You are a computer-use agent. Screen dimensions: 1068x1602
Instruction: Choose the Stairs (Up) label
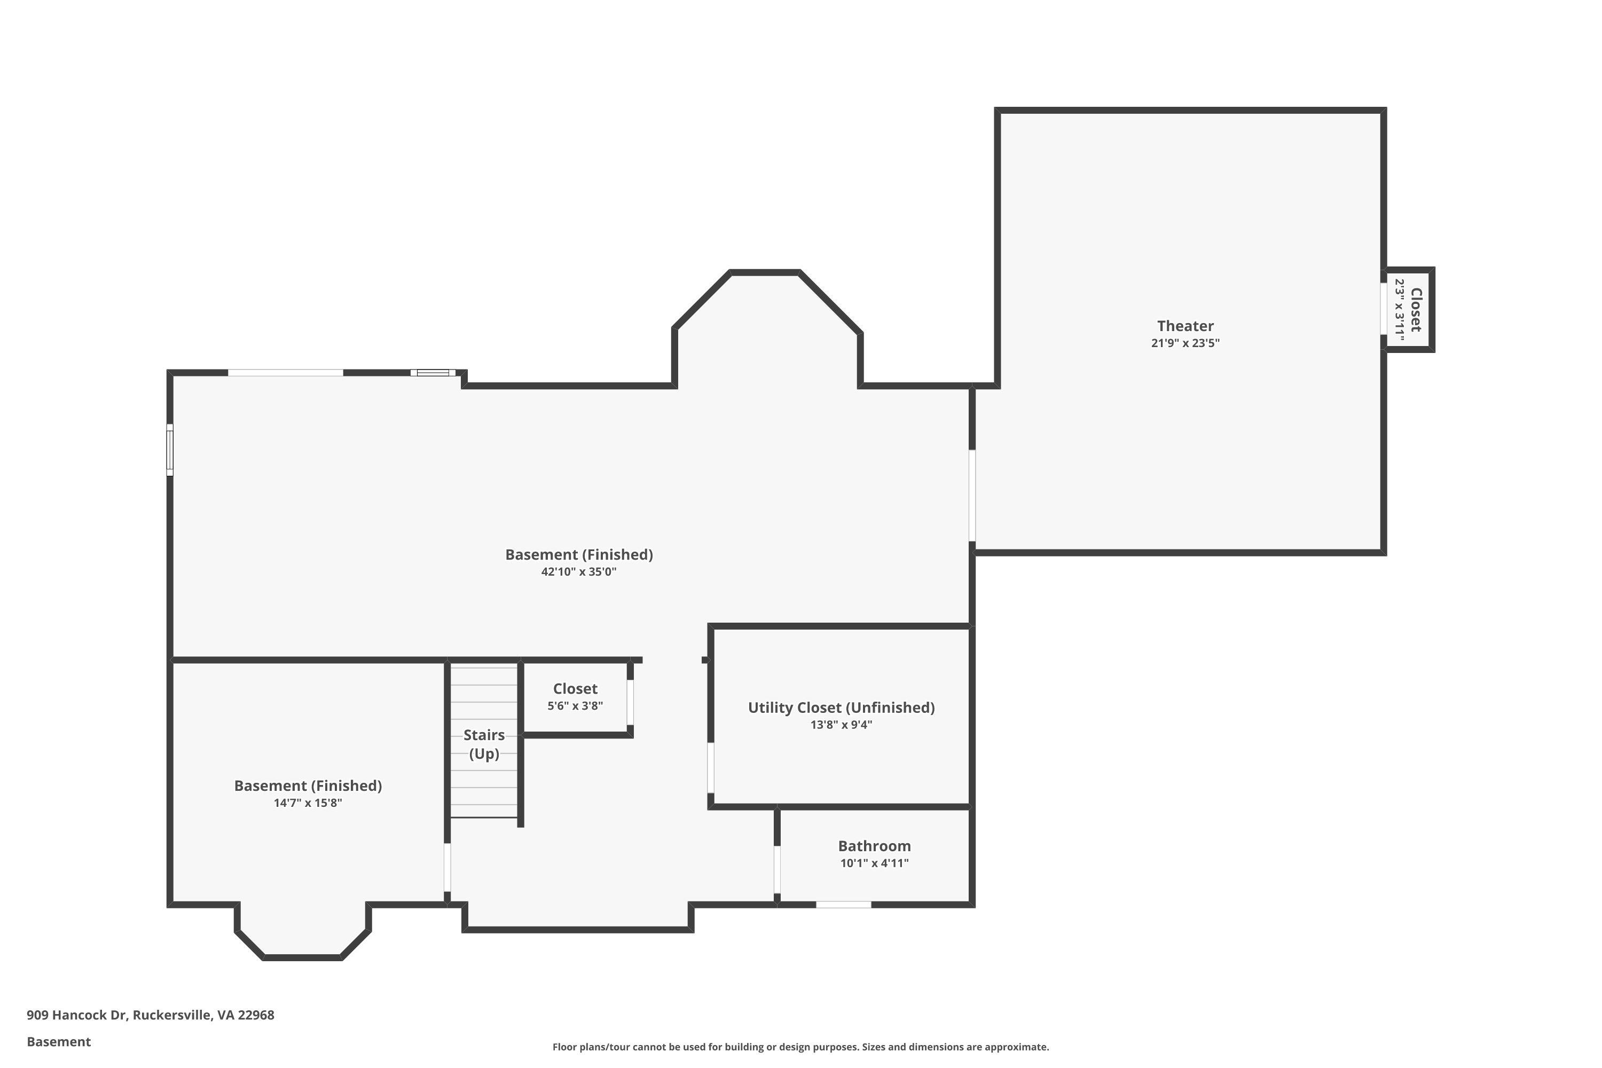pyautogui.click(x=484, y=744)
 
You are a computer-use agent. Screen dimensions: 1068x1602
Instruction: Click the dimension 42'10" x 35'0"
pyautogui.click(x=578, y=572)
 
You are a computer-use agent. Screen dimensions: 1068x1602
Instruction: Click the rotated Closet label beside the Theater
pyautogui.click(x=1416, y=310)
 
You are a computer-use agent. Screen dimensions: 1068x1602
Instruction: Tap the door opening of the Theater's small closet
pyautogui.click(x=1384, y=309)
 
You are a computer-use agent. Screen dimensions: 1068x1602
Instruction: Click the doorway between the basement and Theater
pyautogui.click(x=972, y=496)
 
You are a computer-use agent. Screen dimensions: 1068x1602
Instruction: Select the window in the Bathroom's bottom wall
pyautogui.click(x=843, y=905)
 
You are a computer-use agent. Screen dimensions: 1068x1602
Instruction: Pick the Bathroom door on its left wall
pyautogui.click(x=776, y=869)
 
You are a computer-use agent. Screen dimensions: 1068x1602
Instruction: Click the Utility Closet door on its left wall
pyautogui.click(x=710, y=768)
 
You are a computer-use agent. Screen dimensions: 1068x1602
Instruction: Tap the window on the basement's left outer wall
pyautogui.click(x=170, y=450)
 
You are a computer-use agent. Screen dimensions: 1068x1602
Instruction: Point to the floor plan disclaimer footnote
pyautogui.click(x=800, y=1047)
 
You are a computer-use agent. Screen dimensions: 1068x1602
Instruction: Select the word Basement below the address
pyautogui.click(x=59, y=1041)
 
